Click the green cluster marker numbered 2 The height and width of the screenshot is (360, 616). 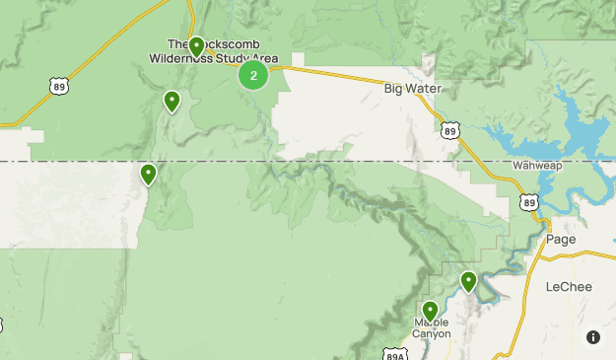[253, 75]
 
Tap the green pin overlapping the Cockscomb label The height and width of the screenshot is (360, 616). [196, 46]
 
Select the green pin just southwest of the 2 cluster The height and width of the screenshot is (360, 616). [172, 101]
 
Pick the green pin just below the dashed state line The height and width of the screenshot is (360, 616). [148, 175]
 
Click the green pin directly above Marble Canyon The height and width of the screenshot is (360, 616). [430, 312]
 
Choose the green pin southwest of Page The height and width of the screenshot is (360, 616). [468, 282]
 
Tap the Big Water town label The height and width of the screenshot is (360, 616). [413, 89]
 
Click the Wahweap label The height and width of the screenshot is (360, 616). [537, 166]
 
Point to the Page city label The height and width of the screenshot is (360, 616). [561, 240]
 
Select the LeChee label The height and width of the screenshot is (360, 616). [568, 287]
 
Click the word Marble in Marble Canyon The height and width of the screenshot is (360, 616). [431, 323]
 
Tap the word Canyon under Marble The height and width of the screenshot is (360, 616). [431, 334]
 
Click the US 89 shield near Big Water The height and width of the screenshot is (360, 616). [449, 129]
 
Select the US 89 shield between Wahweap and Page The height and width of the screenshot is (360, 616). [530, 202]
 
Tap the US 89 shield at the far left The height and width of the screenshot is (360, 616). [58, 87]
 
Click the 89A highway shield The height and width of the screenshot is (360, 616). [392, 353]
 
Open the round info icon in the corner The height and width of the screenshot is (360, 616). [592, 337]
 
